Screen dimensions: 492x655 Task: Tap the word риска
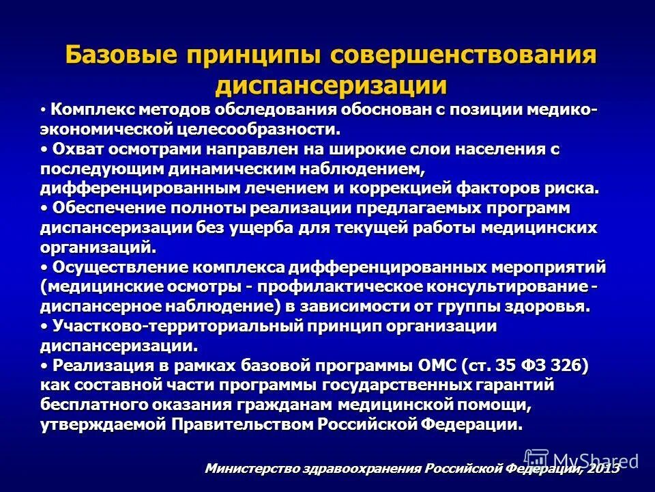(x=576, y=188)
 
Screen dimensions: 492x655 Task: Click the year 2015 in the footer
(x=602, y=469)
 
